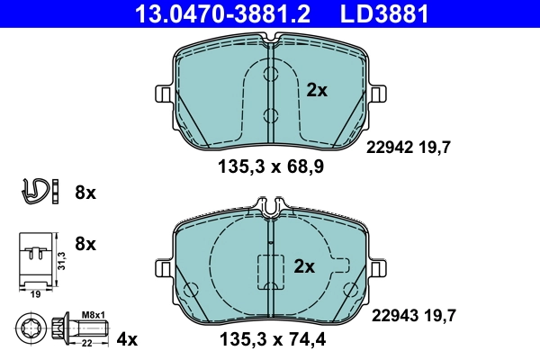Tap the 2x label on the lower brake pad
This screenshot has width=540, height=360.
coord(304,266)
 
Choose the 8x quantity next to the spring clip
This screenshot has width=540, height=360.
coord(85,193)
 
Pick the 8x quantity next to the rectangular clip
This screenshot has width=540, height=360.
coord(85,243)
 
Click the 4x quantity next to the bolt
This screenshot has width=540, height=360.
coord(127,339)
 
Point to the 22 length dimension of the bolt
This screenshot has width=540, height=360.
coord(89,343)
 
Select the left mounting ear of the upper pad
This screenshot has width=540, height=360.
coord(163,94)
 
